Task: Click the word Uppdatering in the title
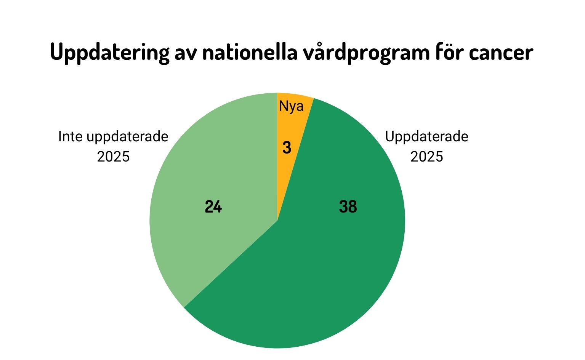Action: (109, 53)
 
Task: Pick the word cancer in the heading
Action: (501, 53)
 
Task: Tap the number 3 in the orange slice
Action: (287, 148)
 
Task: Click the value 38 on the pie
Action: (348, 207)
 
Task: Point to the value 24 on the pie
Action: (213, 207)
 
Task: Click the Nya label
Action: (291, 106)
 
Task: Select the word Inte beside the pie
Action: (71, 136)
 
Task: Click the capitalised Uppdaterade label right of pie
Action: (426, 136)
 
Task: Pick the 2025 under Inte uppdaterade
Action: (113, 157)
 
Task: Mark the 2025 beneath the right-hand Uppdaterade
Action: (426, 157)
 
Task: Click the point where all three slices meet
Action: (277, 220)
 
